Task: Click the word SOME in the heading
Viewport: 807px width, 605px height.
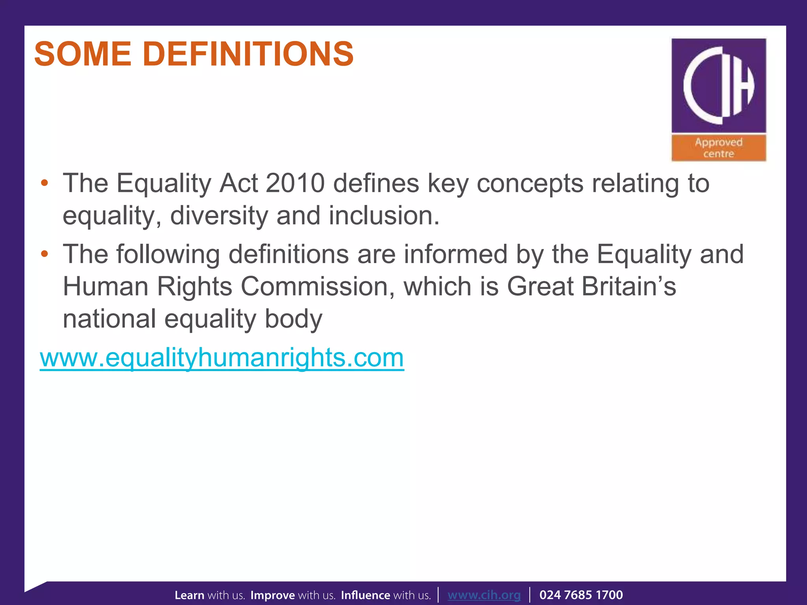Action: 83,54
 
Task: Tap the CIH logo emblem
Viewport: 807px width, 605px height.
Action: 719,85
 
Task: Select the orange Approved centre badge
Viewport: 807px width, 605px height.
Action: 719,148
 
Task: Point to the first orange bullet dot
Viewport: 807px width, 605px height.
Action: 45,183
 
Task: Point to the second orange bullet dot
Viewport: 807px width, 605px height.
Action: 45,254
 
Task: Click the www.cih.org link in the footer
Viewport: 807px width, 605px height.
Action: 484,595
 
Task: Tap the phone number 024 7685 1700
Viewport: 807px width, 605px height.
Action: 581,595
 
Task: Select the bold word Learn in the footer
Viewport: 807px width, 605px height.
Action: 190,595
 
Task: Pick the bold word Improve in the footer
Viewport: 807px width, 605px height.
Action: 273,595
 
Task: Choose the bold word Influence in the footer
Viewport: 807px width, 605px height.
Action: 365,595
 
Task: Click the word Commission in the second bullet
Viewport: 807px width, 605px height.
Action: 317,286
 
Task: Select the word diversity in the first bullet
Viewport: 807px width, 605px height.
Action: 219,216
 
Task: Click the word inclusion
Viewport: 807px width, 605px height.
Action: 384,216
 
